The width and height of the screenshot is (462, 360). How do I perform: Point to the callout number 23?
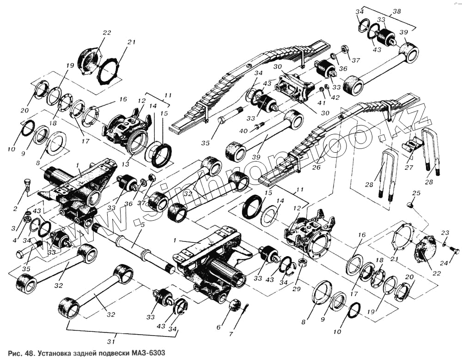(x=445, y=233)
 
